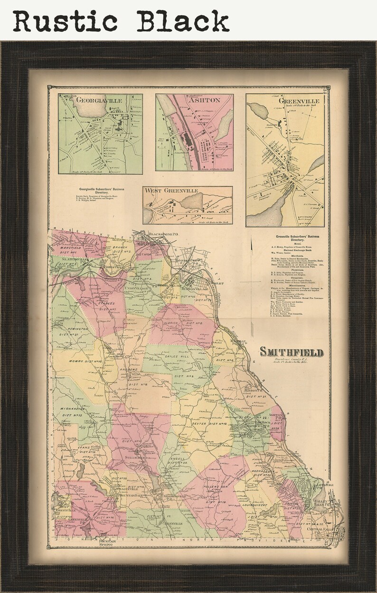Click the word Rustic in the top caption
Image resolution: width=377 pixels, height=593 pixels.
[x=65, y=21]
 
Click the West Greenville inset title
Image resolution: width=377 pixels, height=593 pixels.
[x=172, y=191]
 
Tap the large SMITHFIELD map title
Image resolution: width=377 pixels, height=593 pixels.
[x=292, y=352]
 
